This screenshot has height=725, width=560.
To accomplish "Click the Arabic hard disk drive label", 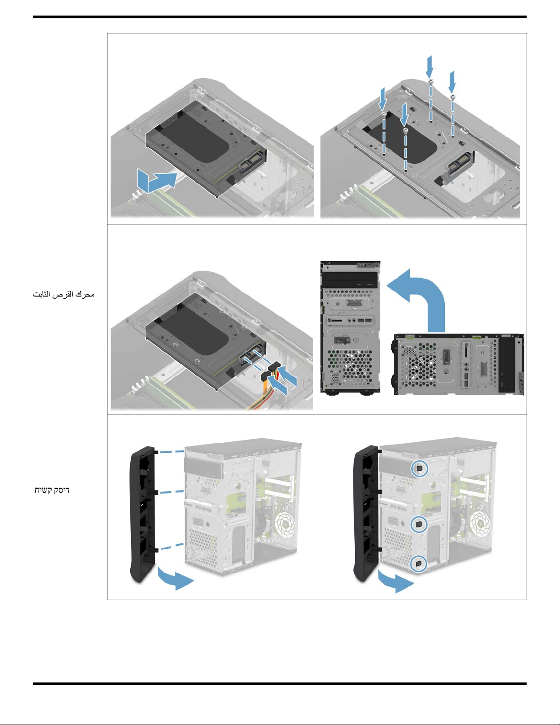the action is [x=64, y=294].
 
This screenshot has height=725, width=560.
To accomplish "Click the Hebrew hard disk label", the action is [x=52, y=490].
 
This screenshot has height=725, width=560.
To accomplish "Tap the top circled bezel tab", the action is [x=419, y=469].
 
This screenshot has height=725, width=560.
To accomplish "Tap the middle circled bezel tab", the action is [x=419, y=525].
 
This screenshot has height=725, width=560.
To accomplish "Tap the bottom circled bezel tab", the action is [x=419, y=564].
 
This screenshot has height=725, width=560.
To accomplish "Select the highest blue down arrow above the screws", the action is [x=430, y=67].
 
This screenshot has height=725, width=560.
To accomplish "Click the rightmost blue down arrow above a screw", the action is [x=452, y=82].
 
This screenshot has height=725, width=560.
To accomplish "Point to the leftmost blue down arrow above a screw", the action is [x=383, y=99].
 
